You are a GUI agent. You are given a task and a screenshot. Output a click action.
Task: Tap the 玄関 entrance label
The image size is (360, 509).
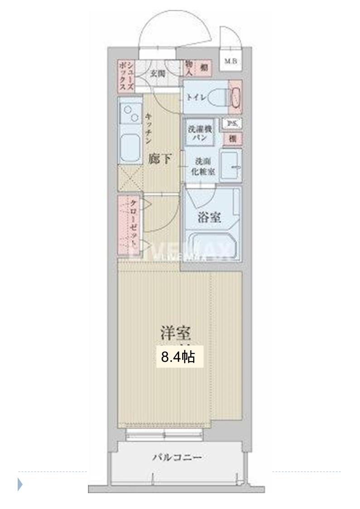click(157, 73)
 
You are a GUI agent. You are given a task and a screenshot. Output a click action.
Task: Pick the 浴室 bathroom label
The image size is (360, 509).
click(209, 218)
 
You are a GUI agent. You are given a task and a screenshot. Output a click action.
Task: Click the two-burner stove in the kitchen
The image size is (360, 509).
click(130, 113)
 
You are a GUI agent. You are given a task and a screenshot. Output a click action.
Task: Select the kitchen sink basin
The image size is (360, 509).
click(131, 147)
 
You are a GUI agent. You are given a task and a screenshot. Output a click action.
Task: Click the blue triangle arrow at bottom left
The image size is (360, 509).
click(20, 485)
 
